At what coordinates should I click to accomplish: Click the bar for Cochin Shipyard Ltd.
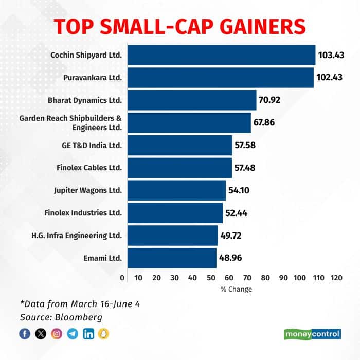pyautogui.click(x=221, y=55)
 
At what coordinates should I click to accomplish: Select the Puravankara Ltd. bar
pyautogui.click(x=220, y=78)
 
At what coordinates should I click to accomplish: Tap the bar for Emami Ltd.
pyautogui.click(x=172, y=258)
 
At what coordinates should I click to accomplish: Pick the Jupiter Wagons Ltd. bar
pyautogui.click(x=176, y=190)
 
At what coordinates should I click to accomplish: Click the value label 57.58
pyautogui.click(x=246, y=145)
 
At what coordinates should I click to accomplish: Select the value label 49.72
pyautogui.click(x=232, y=236)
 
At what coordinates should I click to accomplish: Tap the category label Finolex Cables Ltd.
pyautogui.click(x=89, y=168)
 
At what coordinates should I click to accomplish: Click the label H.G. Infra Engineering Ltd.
pyautogui.click(x=77, y=236)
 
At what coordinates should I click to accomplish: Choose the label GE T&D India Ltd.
pyautogui.click(x=92, y=145)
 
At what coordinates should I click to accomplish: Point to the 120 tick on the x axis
pyautogui.click(x=336, y=278)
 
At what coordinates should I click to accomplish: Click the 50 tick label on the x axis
pyautogui.click(x=211, y=278)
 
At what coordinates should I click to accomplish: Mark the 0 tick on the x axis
pyautogui.click(x=122, y=278)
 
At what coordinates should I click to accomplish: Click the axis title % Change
pyautogui.click(x=236, y=289)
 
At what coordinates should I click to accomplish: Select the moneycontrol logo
pyautogui.click(x=312, y=334)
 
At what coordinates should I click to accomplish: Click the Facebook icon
pyautogui.click(x=25, y=334)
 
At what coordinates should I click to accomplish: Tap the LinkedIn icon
pyautogui.click(x=88, y=334)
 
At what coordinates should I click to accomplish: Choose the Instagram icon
pyautogui.click(x=57, y=334)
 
